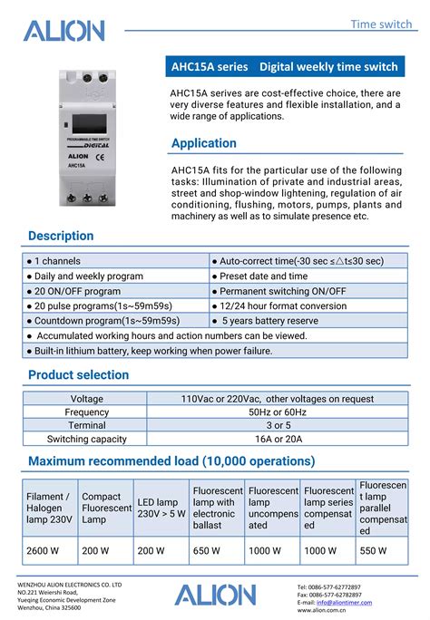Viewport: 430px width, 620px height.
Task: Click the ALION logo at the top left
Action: pos(64,32)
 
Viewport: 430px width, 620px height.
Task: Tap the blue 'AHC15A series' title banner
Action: pos(284,67)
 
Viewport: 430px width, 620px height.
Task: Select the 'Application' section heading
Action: pos(204,143)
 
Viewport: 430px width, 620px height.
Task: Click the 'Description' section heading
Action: pos(61,236)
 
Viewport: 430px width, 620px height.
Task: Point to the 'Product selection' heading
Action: pos(79,374)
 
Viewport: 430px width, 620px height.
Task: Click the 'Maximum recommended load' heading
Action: pos(171,461)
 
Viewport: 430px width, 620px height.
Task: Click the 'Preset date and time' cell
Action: pos(263,276)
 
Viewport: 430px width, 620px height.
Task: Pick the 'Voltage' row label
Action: pos(87,398)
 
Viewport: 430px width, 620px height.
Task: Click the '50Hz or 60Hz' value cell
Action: pos(277,412)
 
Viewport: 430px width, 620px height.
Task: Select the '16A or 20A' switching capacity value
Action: pos(277,439)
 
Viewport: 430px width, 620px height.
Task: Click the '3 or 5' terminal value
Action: pos(277,425)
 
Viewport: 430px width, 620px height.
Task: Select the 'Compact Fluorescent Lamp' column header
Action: pos(106,508)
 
